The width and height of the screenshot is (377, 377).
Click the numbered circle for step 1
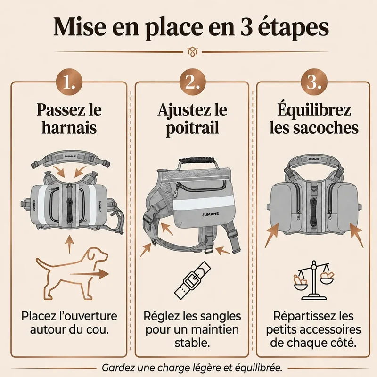click(x=69, y=82)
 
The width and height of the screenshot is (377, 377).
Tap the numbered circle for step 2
click(x=193, y=82)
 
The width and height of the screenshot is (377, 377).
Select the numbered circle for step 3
click(x=314, y=82)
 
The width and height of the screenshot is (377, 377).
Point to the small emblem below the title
click(x=192, y=51)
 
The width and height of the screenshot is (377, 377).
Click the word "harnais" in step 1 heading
click(x=69, y=128)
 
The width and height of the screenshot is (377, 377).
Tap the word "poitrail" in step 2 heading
click(x=192, y=128)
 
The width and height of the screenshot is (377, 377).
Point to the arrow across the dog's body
click(x=90, y=274)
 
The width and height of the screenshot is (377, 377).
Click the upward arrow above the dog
click(x=69, y=244)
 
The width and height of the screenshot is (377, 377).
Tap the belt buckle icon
click(x=192, y=279)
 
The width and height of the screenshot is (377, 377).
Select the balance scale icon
click(x=313, y=280)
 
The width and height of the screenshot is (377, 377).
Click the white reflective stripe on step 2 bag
click(x=203, y=202)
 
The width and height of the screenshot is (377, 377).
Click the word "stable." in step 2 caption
click(x=192, y=343)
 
